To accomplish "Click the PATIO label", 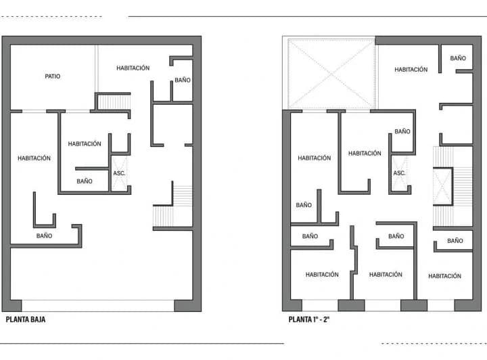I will pos(52,76).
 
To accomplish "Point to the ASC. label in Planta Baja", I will pos(119,173).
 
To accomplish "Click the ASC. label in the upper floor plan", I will pos(400,173).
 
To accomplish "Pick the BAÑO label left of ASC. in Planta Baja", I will pos(85,181).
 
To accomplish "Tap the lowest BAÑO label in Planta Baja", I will pos(44,236).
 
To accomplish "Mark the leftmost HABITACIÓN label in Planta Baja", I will pos(34,158).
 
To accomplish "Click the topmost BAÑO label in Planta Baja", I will pos(183,81).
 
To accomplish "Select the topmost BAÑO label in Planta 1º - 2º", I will pos(458,58).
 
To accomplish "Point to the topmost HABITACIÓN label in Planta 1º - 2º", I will pos(411,70).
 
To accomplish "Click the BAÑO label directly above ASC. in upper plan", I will pos(402,131).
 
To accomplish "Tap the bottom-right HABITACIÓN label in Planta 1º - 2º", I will pos(444,276).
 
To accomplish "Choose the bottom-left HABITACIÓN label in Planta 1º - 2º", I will pos(322,275).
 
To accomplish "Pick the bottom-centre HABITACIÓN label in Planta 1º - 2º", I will pos(386,275).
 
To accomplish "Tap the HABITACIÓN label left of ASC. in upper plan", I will pos(365,154).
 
